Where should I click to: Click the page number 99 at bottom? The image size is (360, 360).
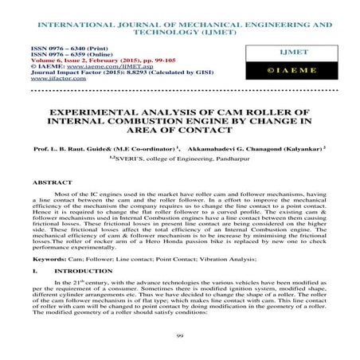pyautogui.click(x=180, y=337)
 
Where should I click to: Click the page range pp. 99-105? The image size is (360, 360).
pyautogui.click(x=144, y=62)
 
